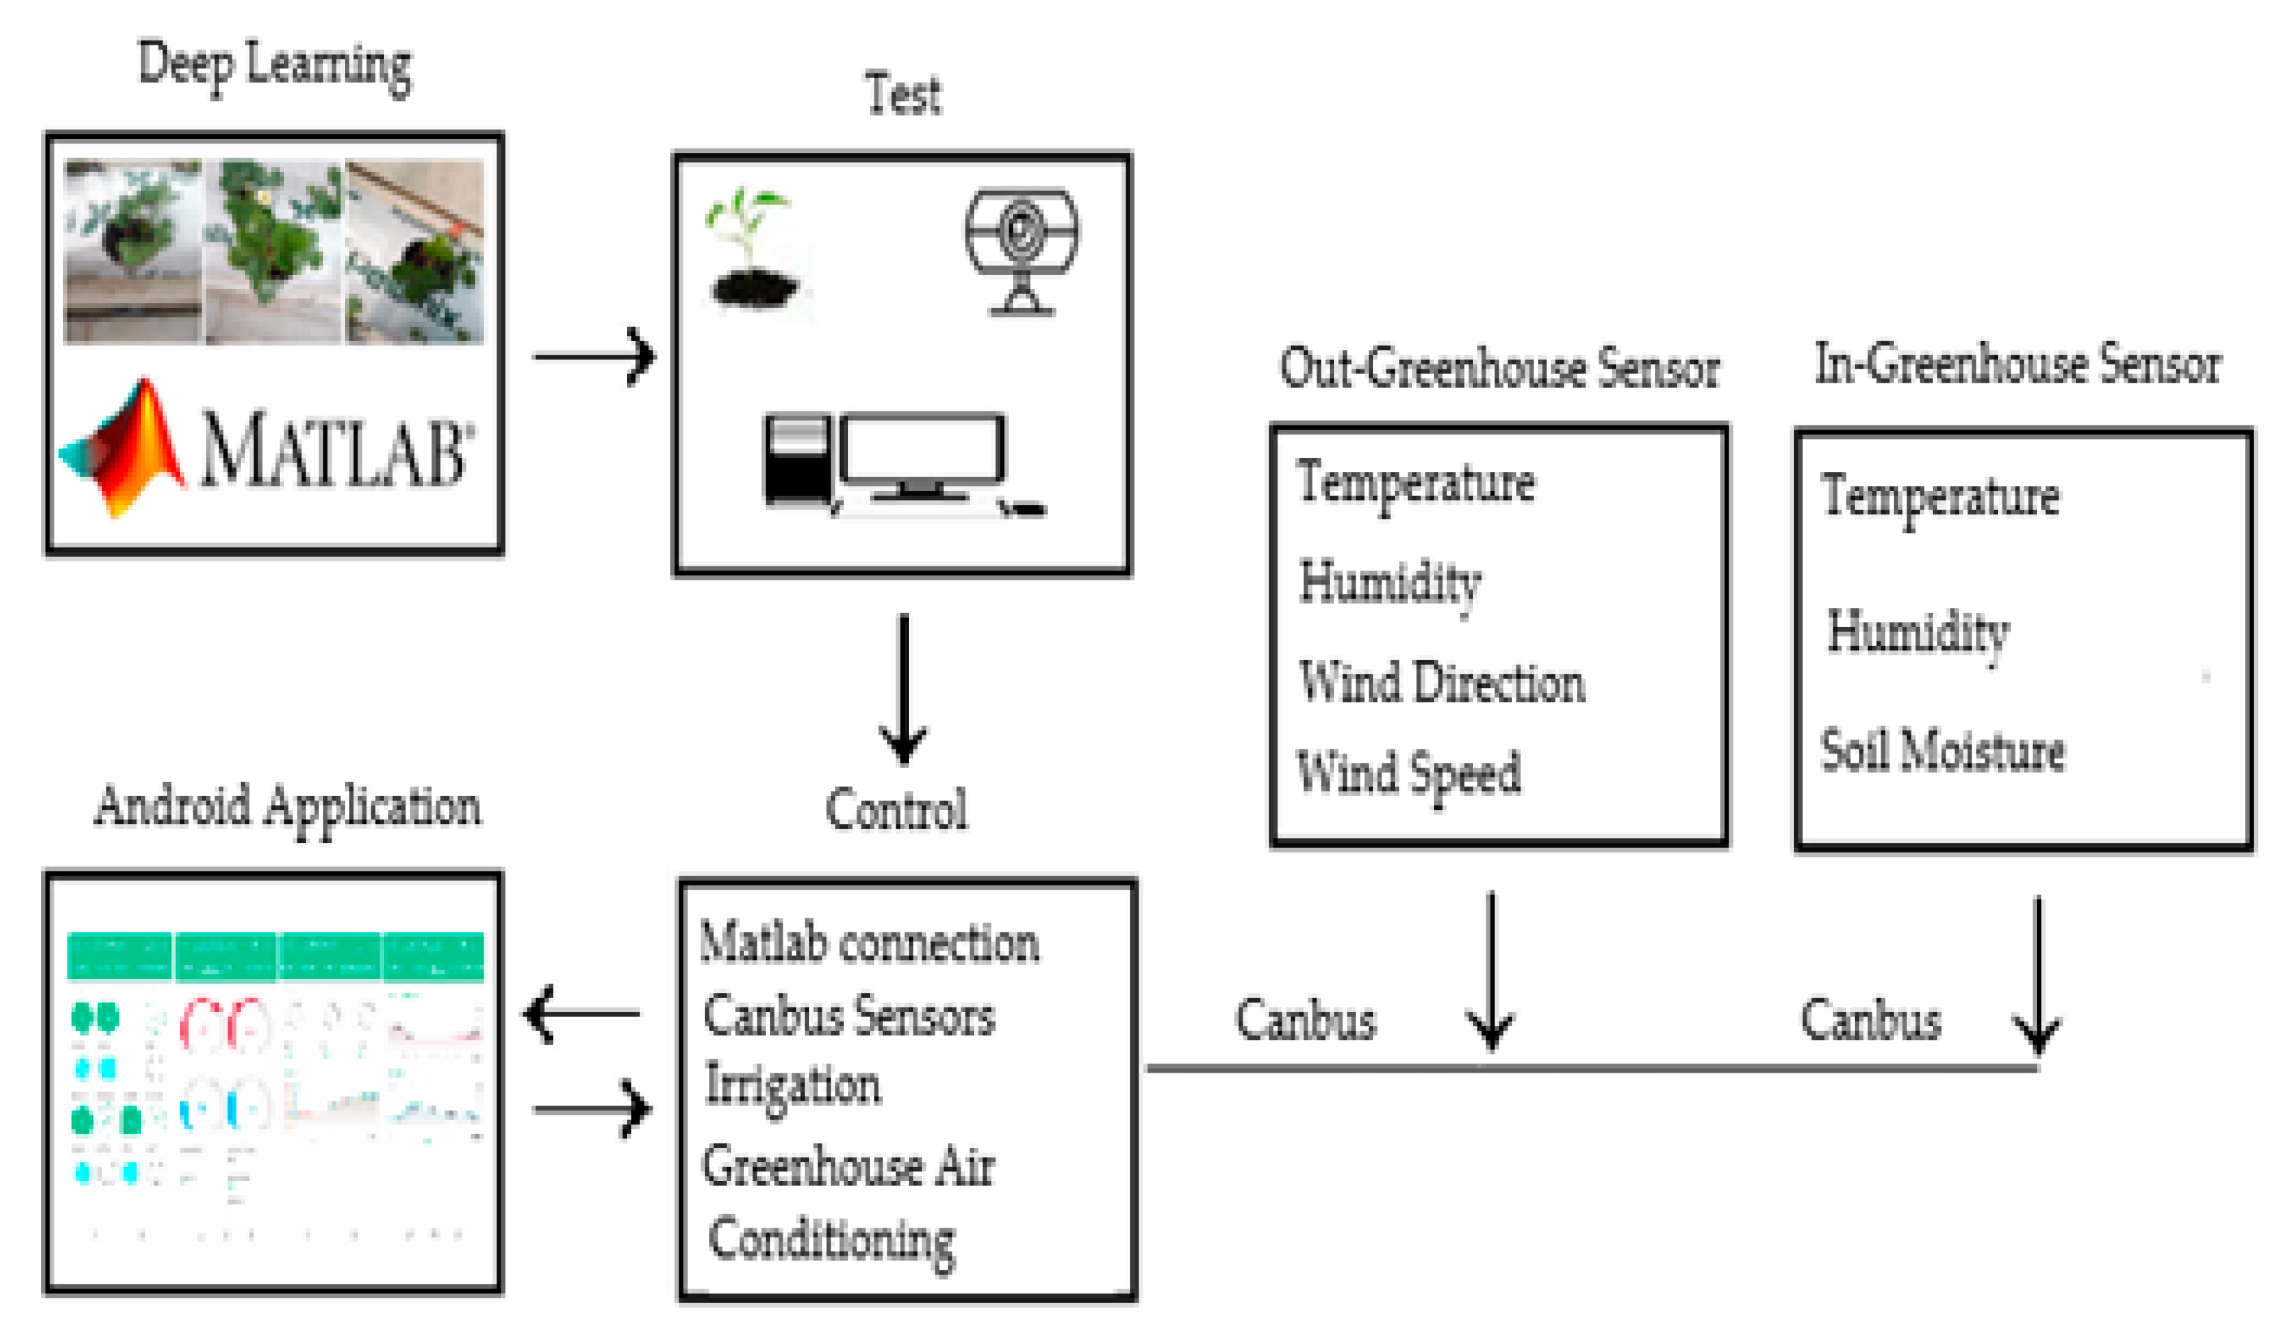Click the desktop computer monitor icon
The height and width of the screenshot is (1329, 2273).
tap(920, 455)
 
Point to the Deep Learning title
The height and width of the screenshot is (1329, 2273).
tap(274, 65)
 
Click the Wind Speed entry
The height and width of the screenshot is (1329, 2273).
tap(1408, 774)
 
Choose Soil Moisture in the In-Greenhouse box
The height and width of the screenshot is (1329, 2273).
tap(1942, 751)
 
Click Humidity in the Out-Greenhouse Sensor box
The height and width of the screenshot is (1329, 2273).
tap(1390, 584)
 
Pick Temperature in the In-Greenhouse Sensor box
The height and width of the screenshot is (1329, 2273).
tap(1940, 497)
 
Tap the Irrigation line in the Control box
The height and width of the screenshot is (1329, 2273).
tap(792, 1085)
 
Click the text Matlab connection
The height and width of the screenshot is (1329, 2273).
tap(868, 943)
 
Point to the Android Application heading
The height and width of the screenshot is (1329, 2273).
tap(288, 806)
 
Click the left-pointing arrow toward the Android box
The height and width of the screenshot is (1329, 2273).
tap(582, 1013)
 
